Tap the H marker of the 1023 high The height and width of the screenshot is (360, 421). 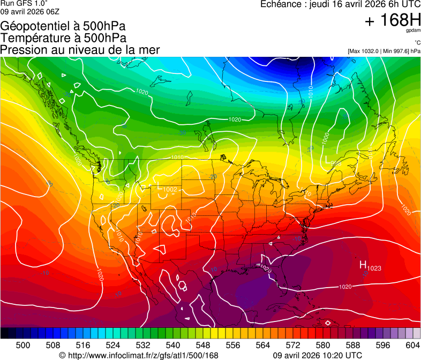tap(363, 265)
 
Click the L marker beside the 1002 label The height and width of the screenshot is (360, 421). tap(159, 186)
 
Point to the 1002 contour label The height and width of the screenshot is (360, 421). tap(170, 190)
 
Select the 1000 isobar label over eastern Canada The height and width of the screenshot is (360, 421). tap(326, 138)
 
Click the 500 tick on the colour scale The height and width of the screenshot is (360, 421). tap(23, 345)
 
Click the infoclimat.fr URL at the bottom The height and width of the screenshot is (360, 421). tap(142, 355)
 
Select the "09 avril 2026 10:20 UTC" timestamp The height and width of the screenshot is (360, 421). tap(317, 355)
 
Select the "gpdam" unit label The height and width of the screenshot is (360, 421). tap(412, 31)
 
